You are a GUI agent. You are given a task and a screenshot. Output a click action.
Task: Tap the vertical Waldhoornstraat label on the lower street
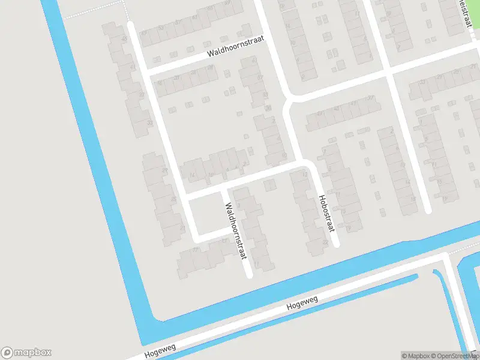click(x=236, y=231)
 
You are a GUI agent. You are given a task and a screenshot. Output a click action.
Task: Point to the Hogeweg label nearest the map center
click(x=302, y=303)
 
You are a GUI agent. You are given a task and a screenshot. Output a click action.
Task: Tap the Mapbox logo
click(x=26, y=353)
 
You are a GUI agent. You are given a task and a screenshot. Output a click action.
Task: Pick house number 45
click(x=124, y=40)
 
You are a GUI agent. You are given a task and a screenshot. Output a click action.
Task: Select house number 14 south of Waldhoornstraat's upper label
click(x=191, y=176)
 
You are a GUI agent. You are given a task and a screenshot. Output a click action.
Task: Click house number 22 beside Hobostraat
click(x=325, y=242)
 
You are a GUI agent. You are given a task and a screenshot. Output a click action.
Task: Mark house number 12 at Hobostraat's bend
click(x=305, y=175)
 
